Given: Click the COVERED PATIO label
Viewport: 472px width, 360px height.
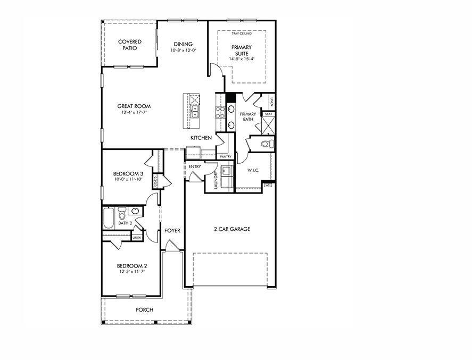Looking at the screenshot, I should tap(129, 45).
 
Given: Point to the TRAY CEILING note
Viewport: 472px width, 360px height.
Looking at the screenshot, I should tap(242, 34).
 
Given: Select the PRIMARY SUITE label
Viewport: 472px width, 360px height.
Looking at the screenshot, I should tap(242, 50).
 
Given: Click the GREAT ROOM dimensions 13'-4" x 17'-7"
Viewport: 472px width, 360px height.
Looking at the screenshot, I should tap(134, 113).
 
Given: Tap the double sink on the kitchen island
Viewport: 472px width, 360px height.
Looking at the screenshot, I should tap(195, 111).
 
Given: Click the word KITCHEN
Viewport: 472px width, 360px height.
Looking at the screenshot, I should tap(201, 138).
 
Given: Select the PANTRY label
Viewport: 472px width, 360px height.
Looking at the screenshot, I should tap(226, 157).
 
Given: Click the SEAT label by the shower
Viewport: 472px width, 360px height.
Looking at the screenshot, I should tap(269, 114).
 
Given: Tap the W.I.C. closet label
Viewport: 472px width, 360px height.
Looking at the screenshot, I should tap(253, 170).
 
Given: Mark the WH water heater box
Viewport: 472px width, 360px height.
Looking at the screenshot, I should tap(268, 185).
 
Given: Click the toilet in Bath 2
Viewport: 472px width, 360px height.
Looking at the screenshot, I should tap(122, 214).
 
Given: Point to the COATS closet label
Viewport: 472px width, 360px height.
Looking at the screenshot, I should tap(156, 181).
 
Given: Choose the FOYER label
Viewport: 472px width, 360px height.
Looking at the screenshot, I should tap(172, 231).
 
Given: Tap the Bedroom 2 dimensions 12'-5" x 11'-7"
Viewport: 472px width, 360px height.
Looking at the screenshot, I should tap(132, 272).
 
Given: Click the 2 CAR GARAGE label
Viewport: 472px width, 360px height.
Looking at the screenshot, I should tap(232, 229).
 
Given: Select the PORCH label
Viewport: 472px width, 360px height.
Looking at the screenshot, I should tap(144, 309).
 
